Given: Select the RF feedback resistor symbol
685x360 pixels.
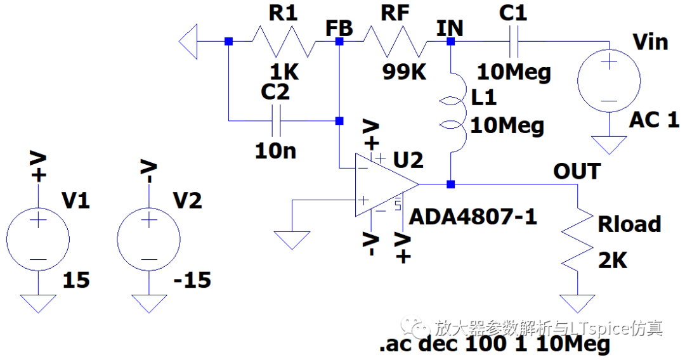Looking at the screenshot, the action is pos(395,41).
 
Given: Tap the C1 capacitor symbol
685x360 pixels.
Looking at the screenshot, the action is pos(514,41).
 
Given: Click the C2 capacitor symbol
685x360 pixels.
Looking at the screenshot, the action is pos(276,121).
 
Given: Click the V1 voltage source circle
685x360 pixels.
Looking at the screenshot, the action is pos(38,239).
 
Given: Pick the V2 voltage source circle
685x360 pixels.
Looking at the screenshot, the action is pos(149,239).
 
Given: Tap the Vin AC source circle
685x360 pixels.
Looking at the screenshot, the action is pos(609,80).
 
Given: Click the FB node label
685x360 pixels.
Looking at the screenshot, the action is pos(339,29).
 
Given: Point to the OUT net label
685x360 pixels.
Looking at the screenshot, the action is pos(577,171).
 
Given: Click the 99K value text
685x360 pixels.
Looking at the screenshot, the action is pos(404,72).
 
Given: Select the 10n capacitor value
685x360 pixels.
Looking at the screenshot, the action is pos(276,151).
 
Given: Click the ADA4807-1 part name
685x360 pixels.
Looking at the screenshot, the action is pos(473,216).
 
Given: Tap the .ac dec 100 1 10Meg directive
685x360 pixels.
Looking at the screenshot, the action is pos(495,344).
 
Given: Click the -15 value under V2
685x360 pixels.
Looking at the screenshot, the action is pos(192,280).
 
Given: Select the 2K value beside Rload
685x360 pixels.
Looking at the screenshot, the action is pos(613,260).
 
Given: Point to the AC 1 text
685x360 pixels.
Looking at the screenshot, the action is pos(654,120).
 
